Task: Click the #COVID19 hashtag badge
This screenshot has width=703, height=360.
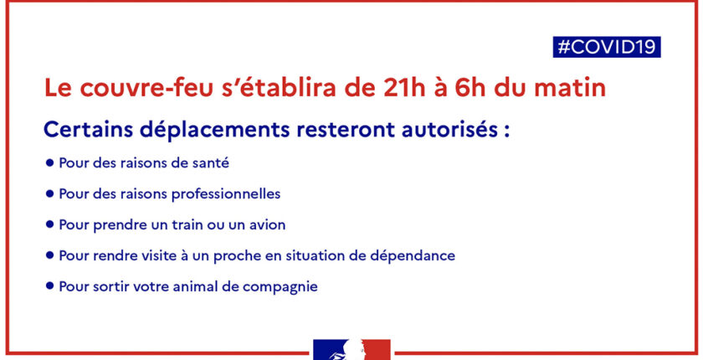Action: [607, 47]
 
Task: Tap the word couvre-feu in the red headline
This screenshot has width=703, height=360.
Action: [146, 88]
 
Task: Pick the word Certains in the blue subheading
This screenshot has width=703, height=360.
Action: [88, 130]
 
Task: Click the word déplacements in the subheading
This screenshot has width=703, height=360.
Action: [215, 131]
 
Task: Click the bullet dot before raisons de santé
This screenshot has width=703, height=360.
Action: [49, 162]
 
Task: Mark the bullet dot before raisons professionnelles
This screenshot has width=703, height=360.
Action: [49, 193]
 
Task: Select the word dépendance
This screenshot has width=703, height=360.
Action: [413, 256]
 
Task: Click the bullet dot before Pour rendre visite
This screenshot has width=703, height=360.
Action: [49, 255]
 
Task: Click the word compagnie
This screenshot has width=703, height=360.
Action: [280, 287]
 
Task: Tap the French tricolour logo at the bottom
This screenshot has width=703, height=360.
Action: [351, 350]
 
